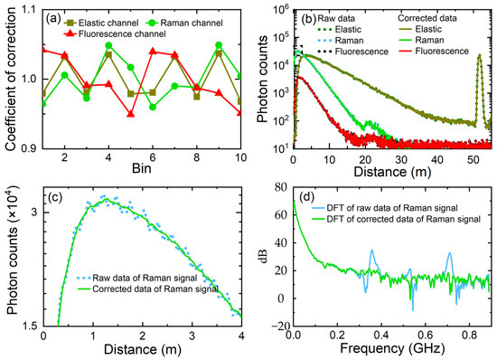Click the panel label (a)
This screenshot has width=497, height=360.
point(53,16)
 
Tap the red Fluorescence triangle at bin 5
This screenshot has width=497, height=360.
point(131,114)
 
